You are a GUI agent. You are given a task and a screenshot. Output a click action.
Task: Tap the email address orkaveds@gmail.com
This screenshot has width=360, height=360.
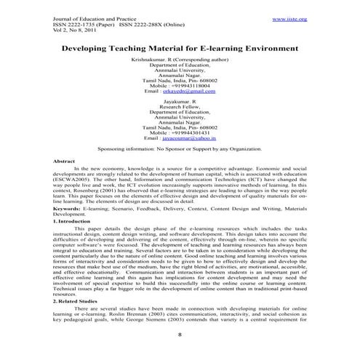click(180, 92)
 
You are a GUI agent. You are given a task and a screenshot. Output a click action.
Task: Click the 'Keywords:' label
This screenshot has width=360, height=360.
click(66, 228)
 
